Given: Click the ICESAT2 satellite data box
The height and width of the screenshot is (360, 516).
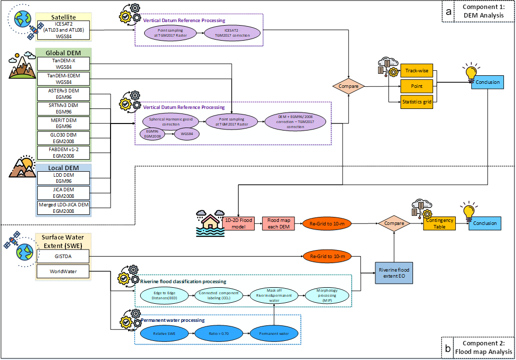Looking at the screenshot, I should tap(63, 31).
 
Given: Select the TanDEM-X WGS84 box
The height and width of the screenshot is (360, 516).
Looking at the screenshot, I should tap(63, 63).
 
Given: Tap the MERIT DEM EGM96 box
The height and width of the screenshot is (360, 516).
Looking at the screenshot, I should tap(63, 123).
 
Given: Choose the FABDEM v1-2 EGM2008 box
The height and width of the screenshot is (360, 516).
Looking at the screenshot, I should tap(63, 153).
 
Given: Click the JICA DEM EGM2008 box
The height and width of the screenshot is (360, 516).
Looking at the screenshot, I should tap(63, 193).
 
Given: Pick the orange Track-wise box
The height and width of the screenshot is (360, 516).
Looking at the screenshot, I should tap(417, 71).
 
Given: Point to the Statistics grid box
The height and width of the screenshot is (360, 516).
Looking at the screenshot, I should tap(417, 102).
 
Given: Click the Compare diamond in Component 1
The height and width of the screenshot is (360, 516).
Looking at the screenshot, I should tap(348, 86).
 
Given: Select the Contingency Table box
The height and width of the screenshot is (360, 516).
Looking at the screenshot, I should tap(440, 223).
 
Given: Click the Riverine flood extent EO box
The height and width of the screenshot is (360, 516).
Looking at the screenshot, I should tap(394, 273).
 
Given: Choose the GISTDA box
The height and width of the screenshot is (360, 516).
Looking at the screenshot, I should tap(63, 258).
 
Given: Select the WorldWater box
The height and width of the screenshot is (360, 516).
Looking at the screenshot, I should tap(63, 272).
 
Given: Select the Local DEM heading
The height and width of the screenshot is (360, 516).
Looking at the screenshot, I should tap(63, 168).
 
